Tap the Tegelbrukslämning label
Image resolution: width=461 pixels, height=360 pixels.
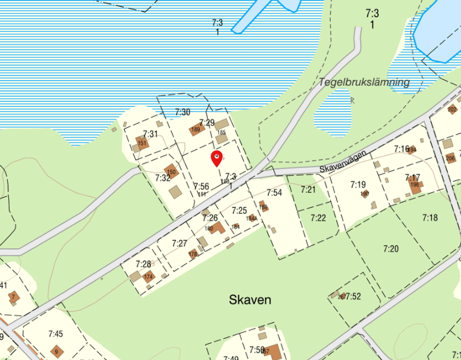(x=364, y=82)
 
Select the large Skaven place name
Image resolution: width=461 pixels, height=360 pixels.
(x=250, y=300)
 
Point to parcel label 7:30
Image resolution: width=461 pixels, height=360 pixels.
(x=182, y=112)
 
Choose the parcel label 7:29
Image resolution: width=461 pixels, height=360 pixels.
(x=207, y=122)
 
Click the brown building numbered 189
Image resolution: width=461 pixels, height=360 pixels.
(x=196, y=128)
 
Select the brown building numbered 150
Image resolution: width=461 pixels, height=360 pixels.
(x=170, y=171)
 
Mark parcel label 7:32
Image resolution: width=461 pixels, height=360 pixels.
(x=163, y=178)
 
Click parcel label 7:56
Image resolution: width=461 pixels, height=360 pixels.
(x=201, y=186)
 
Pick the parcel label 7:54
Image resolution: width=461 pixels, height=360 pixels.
(x=274, y=193)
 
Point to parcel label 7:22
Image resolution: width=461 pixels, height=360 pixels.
(x=318, y=217)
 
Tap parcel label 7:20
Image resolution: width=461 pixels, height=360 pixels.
(x=391, y=248)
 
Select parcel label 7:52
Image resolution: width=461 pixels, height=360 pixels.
(x=353, y=296)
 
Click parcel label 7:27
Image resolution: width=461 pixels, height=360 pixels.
(x=179, y=243)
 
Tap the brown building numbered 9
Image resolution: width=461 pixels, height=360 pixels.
(x=56, y=352)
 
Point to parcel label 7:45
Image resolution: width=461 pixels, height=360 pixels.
(x=55, y=334)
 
